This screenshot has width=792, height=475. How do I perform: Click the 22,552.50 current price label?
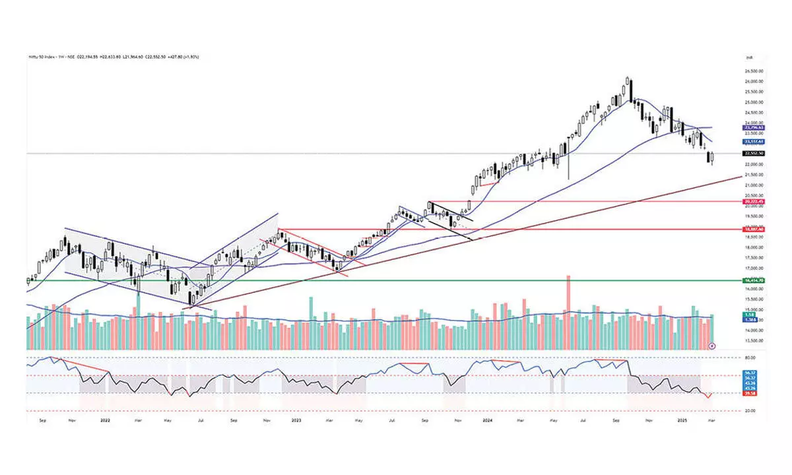(753, 153)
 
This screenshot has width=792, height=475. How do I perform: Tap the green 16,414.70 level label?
(753, 280)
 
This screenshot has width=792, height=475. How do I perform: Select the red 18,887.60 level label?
(753, 229)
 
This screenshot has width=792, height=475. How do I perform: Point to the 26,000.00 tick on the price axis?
(753, 81)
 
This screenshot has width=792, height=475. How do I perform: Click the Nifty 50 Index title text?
(41, 57)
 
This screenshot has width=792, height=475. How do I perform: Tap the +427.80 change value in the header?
(178, 57)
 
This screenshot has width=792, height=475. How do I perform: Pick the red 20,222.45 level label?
(753, 201)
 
